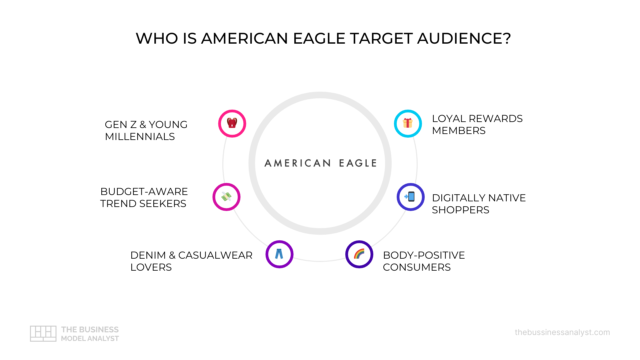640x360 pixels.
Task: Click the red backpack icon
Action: tap(232, 123)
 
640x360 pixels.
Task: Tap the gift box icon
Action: tap(408, 123)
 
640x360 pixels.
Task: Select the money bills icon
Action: tap(226, 197)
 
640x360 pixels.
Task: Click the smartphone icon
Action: tap(410, 197)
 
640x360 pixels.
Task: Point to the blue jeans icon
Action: tap(279, 254)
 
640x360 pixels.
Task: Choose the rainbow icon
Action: tap(359, 254)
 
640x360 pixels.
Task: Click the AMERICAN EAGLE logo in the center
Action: tap(320, 163)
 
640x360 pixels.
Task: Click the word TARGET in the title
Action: tap(381, 38)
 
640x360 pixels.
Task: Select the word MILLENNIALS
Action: tap(140, 137)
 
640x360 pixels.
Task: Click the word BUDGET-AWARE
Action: tap(144, 192)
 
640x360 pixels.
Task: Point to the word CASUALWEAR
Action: tap(215, 255)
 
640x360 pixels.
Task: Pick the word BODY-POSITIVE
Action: tap(424, 255)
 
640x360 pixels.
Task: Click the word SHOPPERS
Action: tap(460, 210)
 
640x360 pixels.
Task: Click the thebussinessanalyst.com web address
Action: tap(562, 332)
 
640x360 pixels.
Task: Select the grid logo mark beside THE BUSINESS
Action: tap(43, 333)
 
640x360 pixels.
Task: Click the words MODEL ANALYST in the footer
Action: tap(90, 339)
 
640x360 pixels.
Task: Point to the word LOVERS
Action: tap(151, 267)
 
